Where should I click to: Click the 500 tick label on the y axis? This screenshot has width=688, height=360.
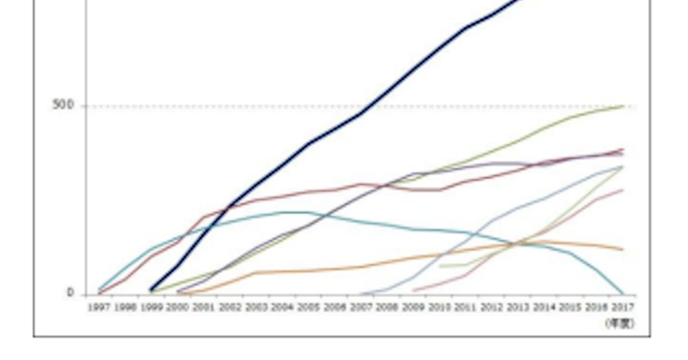pos(62,105)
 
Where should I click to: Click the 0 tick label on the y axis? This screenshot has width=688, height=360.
pos(70,293)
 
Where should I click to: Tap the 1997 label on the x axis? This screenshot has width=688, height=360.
pos(99,308)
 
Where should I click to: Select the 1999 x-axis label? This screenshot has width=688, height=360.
pos(151,308)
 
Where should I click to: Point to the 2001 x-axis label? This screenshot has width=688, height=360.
pos(204,308)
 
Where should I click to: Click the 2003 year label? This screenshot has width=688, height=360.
pos(256,308)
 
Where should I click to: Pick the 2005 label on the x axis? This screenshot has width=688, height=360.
pos(308,308)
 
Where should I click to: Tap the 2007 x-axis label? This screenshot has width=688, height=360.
pos(361,308)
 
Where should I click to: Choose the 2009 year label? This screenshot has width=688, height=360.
pos(413,308)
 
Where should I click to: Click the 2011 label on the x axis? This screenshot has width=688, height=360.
pos(466,308)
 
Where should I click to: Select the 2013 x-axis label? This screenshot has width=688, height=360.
pos(518,308)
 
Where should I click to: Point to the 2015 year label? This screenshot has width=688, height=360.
pos(570,308)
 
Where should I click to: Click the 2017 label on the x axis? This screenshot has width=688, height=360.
pos(622,308)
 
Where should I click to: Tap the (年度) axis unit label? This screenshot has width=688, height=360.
pos(619,324)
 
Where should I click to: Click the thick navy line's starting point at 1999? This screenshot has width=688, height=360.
pos(151,290)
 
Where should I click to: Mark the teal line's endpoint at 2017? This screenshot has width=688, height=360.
pos(623,294)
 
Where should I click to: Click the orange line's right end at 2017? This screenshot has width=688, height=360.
pos(623,249)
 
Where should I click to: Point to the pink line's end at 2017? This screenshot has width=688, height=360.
pos(623,190)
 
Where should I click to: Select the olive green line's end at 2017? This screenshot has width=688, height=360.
pos(623,106)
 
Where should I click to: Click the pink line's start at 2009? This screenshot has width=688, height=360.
pos(413,291)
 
